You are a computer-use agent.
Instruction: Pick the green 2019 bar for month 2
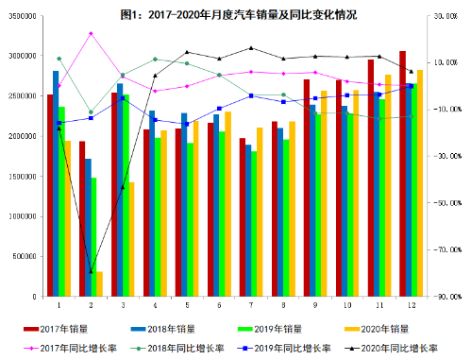tap(93, 236)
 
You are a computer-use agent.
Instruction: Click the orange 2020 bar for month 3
tap(131, 239)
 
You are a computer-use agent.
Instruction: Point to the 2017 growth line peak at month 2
tap(91, 33)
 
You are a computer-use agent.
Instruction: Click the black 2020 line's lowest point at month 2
tap(91, 272)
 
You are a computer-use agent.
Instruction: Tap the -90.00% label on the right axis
tap(446, 296)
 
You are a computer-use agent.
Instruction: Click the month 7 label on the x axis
tap(251, 305)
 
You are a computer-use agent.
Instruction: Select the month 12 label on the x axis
tap(412, 305)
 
